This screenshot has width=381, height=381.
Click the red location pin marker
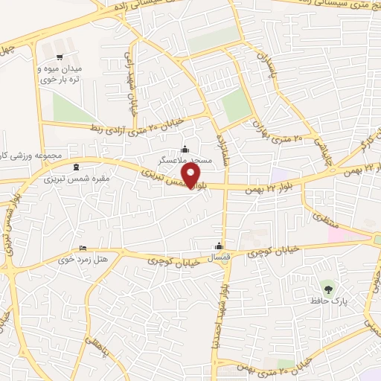point(193,176)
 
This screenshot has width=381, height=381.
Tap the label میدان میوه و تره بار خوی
point(59,73)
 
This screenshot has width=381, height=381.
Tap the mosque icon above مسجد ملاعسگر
point(185,149)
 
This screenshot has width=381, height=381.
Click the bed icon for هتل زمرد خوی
point(83,249)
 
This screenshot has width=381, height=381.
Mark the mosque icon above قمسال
point(219,246)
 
